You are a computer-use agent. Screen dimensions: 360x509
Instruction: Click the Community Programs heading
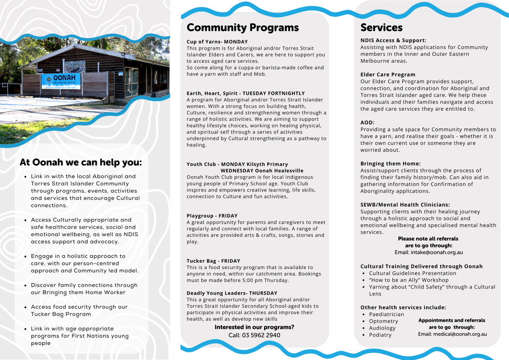[x=243, y=28]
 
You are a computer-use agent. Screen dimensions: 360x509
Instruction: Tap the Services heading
[x=381, y=28]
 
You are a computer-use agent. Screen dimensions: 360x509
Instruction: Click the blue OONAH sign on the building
[x=61, y=81]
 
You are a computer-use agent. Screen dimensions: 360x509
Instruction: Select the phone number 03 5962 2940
[x=254, y=335]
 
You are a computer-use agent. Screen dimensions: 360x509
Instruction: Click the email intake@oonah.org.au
[x=428, y=252]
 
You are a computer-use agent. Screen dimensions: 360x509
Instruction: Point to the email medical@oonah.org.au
[x=452, y=334]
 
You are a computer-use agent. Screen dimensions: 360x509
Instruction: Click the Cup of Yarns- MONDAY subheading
[x=217, y=42]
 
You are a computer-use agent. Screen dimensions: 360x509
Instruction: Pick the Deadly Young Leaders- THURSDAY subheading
[x=232, y=293]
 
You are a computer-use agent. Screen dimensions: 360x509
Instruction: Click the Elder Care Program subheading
[x=388, y=75]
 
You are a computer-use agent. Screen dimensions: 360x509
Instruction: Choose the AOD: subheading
[x=367, y=123]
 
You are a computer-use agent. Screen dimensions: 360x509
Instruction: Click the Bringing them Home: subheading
[x=390, y=164]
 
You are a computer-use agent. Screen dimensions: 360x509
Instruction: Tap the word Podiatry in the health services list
[x=380, y=335]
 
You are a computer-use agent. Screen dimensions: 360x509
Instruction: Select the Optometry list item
[x=383, y=321]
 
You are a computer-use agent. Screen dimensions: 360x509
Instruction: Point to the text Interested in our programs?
[x=254, y=327]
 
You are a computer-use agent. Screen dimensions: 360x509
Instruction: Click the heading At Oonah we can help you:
[x=81, y=162]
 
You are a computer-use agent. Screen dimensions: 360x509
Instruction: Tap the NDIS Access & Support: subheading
[x=393, y=40]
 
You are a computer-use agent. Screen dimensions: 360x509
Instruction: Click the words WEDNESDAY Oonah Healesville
[x=262, y=170]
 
